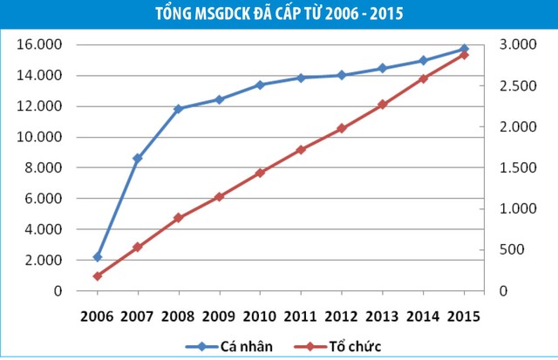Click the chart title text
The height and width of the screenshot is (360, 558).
point(279,14)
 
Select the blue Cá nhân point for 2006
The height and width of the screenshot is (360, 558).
point(98,257)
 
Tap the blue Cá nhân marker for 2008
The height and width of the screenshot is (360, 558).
point(178,109)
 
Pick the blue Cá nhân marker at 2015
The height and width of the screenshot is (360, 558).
point(464,49)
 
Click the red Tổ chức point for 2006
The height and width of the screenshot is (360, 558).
point(98,275)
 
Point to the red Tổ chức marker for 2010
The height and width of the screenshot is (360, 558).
point(260,173)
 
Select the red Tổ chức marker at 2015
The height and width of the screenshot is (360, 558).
point(464,55)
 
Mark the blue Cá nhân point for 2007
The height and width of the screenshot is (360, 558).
point(138,159)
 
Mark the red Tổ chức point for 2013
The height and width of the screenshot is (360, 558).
point(382,105)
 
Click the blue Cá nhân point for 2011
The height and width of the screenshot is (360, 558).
point(301,78)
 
